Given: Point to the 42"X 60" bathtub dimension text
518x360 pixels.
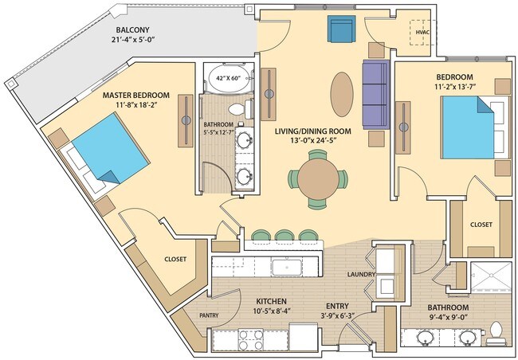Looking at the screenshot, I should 226,79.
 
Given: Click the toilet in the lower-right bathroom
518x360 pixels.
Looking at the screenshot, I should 496,333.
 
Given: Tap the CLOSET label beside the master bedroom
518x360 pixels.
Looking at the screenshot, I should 175,259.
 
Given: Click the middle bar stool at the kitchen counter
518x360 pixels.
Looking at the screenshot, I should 285,236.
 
